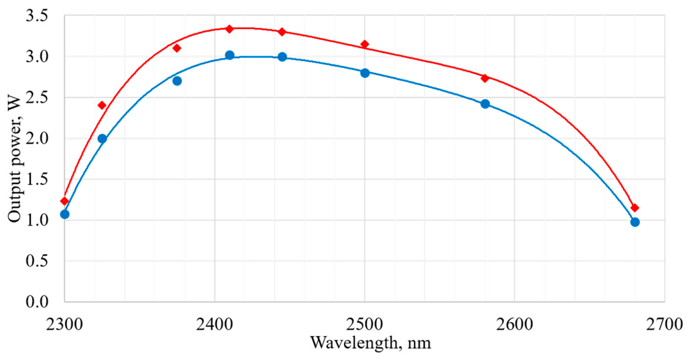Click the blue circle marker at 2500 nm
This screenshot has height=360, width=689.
point(365,73)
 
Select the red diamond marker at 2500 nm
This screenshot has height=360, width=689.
point(365,44)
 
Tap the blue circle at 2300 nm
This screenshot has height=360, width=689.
point(65,214)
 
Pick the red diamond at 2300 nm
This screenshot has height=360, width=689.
point(65,201)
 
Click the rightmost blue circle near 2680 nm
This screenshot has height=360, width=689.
point(635,222)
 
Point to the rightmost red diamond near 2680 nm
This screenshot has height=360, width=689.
point(635,208)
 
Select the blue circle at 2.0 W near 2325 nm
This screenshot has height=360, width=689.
point(102,139)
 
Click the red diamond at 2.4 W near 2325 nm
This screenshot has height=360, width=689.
point(102,105)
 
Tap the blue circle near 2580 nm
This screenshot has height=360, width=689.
point(485,104)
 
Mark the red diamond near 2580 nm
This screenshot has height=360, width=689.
point(485,78)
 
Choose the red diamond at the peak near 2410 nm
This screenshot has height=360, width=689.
point(230,29)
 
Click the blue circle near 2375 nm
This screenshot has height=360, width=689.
point(177,81)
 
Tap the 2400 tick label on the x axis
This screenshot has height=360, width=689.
point(215,324)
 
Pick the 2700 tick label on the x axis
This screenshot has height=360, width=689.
point(664,324)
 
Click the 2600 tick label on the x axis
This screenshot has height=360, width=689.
point(515,324)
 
